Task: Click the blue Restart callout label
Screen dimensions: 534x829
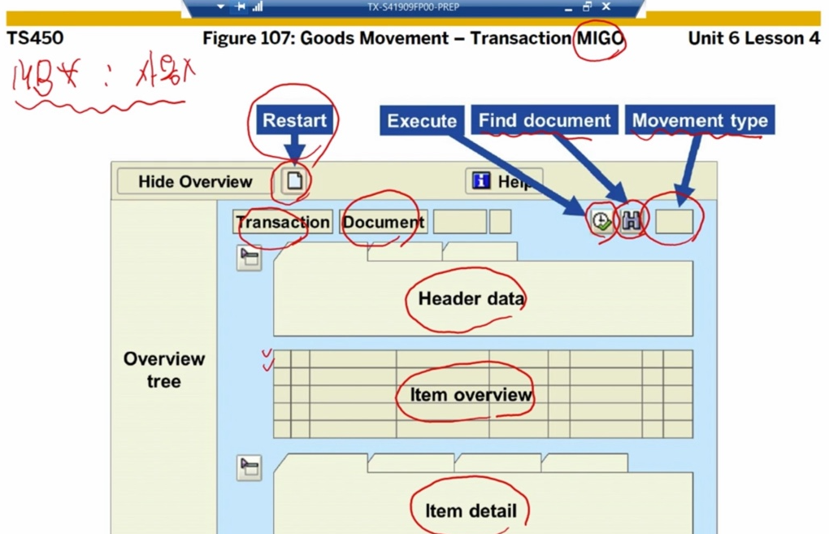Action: [x=294, y=120]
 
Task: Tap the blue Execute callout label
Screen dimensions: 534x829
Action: [x=422, y=120]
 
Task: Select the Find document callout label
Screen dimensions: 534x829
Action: [x=545, y=120]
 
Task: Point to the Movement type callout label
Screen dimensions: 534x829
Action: [x=700, y=120]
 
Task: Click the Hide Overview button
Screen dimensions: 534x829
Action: [x=195, y=181]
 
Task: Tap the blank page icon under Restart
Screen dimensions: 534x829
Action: [x=294, y=181]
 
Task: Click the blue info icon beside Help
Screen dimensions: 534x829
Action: [x=482, y=181]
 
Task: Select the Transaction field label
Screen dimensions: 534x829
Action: [x=283, y=222]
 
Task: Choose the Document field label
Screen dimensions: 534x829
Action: [x=384, y=222]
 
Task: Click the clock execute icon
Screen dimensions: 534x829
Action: [x=601, y=220]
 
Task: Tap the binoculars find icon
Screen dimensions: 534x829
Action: [x=632, y=220]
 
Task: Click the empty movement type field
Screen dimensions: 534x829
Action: [x=674, y=221]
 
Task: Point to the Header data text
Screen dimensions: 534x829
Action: [x=471, y=298]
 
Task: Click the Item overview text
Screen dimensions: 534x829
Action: [x=471, y=395]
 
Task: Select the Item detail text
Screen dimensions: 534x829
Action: [x=471, y=511]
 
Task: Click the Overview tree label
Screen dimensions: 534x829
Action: [x=164, y=370]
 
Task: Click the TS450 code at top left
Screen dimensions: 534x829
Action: [x=35, y=38]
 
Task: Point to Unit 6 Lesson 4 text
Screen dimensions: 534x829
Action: [x=753, y=38]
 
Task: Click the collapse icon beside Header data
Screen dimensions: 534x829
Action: [x=249, y=258]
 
